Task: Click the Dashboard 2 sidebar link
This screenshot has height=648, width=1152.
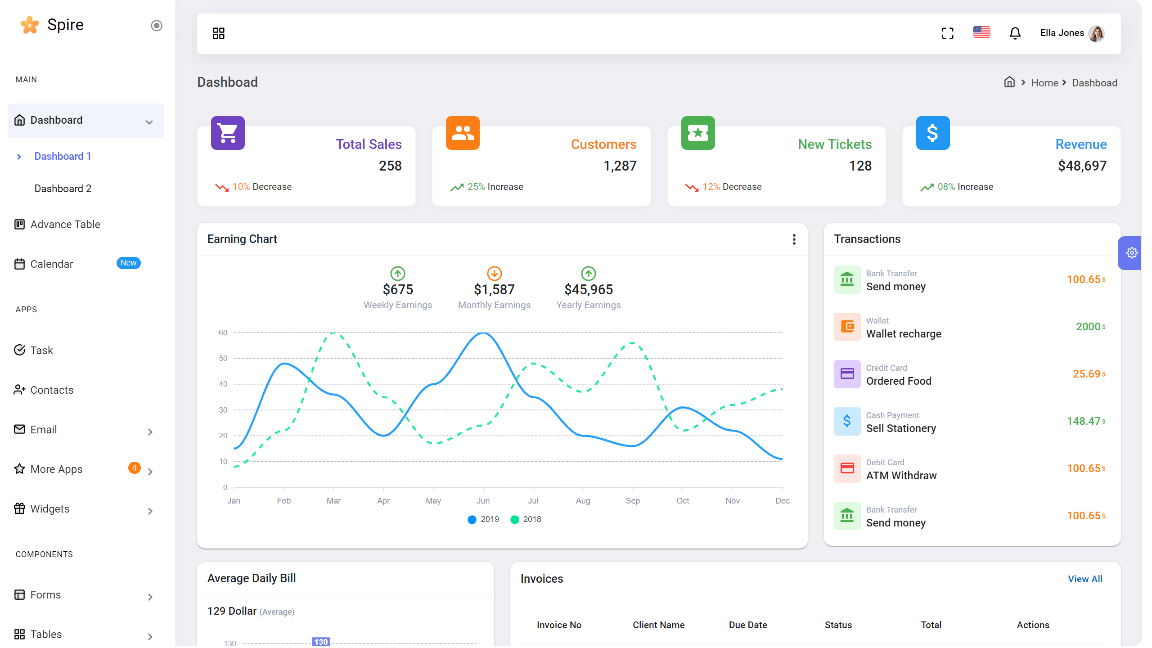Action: coord(63,189)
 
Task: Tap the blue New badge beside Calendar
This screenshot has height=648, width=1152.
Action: coord(128,263)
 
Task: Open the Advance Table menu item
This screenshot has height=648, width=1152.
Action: coord(65,224)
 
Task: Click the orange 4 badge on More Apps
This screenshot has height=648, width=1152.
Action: coord(134,468)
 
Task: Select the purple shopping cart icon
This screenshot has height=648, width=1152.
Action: coord(228,133)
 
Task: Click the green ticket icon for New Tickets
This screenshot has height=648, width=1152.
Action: coord(698,133)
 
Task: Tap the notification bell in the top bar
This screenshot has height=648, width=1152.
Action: coord(1015,33)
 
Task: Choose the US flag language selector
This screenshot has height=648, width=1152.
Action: coord(981,32)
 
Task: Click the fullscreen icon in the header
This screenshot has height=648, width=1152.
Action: coord(948,33)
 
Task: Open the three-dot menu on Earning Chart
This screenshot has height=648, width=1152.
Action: coord(794,239)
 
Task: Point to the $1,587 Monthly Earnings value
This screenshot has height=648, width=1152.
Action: coord(494,289)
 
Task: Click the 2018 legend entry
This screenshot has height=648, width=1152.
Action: coord(526,519)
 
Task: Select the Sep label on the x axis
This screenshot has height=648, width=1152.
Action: coord(632,501)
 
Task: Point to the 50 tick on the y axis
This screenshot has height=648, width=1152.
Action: coord(223,358)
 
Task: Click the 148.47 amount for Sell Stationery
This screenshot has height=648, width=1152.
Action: coord(1083,421)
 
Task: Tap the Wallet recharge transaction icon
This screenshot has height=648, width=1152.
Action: coord(847,327)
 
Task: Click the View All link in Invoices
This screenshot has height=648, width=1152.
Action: coord(1085,579)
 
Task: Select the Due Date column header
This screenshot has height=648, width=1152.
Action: coord(747,625)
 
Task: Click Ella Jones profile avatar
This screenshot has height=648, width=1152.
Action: coord(1096,33)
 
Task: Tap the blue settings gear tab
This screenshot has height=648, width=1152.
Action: coord(1131,253)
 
